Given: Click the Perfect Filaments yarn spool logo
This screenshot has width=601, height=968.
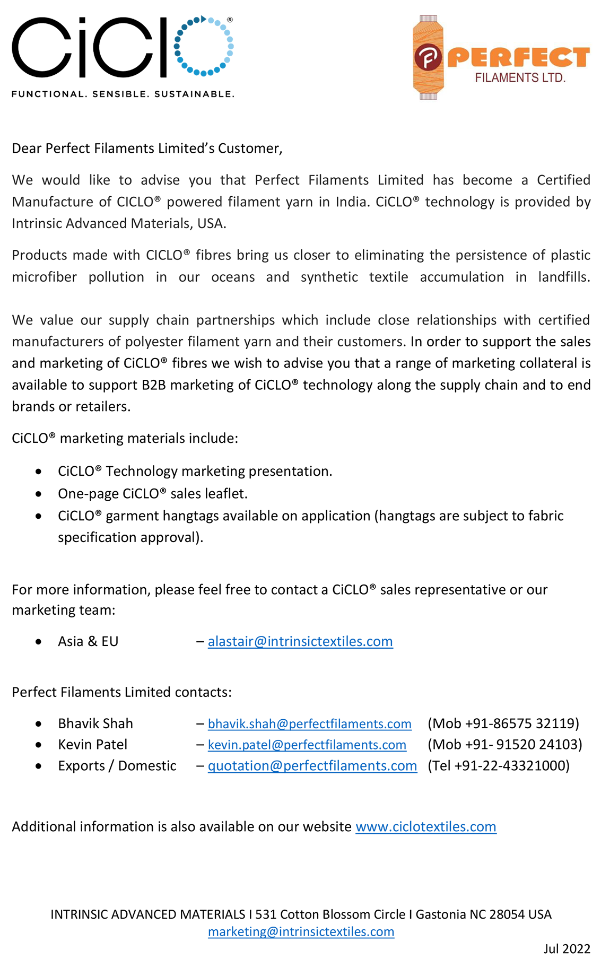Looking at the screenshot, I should [x=428, y=57].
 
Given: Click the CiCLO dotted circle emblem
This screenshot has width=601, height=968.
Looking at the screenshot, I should [x=204, y=46].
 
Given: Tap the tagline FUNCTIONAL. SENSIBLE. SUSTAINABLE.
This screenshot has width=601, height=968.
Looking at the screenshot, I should [x=123, y=94].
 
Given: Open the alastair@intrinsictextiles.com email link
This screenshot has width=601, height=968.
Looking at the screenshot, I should [x=300, y=641].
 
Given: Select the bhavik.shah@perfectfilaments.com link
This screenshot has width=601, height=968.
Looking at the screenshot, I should [x=309, y=723].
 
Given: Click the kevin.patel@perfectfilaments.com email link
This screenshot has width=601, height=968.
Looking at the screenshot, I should [x=307, y=745].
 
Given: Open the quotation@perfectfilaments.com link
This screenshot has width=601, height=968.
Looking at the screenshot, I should [x=312, y=766].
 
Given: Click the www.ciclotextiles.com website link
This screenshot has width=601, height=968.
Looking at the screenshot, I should [x=425, y=826].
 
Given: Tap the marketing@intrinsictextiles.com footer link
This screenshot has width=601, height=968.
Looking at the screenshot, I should [x=301, y=931].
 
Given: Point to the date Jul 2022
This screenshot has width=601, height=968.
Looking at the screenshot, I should [x=567, y=949].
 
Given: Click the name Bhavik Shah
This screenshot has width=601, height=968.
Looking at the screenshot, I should [x=95, y=723].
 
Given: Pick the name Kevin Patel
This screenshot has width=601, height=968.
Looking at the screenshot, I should [x=92, y=745].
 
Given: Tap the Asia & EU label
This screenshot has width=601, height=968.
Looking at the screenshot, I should [x=88, y=641].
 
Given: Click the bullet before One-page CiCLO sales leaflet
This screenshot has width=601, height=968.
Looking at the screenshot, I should [x=39, y=494].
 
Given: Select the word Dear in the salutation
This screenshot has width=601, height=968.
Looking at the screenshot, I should [x=27, y=149].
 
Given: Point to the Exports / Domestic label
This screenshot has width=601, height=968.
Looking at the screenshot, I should [x=117, y=766].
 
